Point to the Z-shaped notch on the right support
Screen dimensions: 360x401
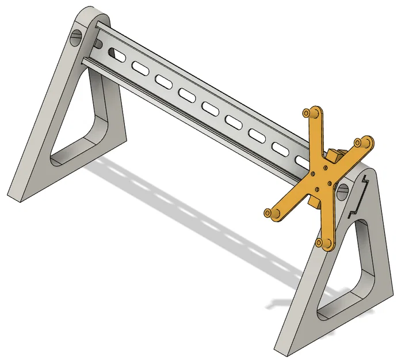[360, 196]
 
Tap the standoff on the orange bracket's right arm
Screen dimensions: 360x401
[364, 142]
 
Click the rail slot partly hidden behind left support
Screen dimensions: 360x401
[117, 55]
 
